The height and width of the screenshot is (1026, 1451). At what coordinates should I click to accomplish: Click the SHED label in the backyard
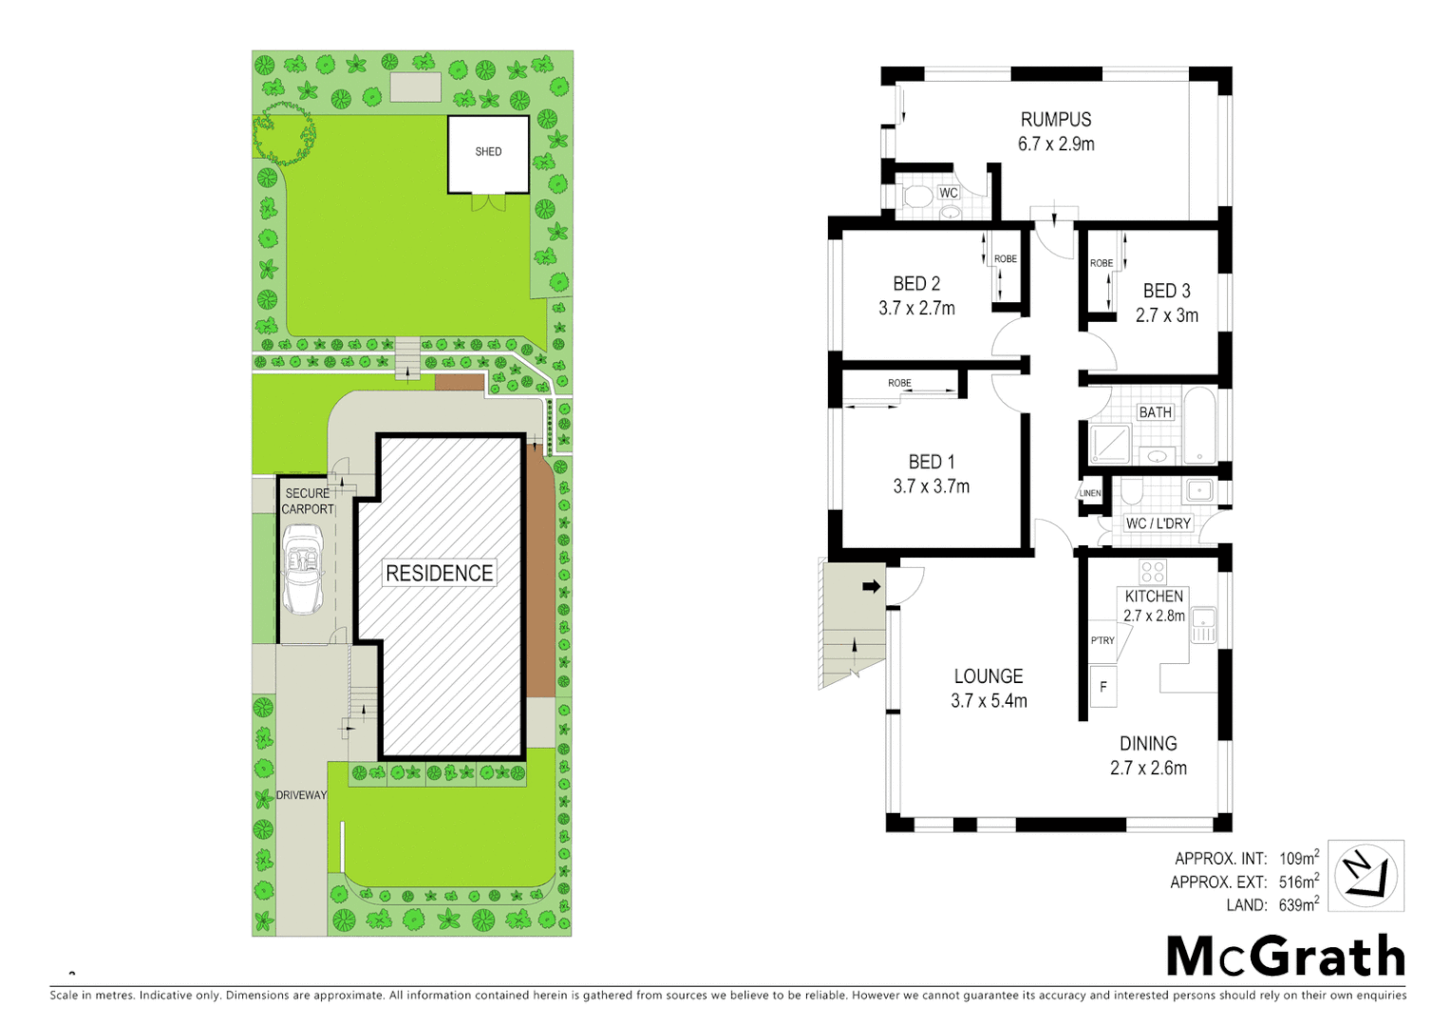coord(488,152)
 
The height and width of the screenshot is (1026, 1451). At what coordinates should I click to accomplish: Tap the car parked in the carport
coord(303,569)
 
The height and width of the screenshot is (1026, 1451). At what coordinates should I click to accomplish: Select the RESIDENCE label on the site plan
coord(439,573)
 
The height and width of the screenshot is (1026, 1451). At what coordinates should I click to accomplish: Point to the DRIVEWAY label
coord(301,795)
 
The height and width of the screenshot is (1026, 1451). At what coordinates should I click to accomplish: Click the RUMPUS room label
coord(1056,120)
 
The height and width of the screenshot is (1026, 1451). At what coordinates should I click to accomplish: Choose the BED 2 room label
coord(916,284)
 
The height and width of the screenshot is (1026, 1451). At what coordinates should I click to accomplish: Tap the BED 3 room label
coord(1166,291)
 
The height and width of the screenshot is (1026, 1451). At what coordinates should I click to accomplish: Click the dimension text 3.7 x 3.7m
coord(931,486)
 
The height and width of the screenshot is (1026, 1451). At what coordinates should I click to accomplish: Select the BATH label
coord(1155,412)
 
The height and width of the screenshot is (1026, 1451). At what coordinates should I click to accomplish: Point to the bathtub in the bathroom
coord(1199,425)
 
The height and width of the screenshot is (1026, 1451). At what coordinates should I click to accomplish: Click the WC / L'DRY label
coord(1158,523)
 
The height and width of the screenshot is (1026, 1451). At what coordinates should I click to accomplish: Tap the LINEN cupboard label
coord(1090,493)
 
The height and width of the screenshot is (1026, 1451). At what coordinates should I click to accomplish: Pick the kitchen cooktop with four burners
coord(1153,571)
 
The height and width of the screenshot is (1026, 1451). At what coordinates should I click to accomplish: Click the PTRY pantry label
coord(1102,640)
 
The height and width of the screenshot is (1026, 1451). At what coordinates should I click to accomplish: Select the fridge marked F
coord(1102,687)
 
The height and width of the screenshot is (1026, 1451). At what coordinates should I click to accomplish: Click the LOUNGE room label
coord(989,676)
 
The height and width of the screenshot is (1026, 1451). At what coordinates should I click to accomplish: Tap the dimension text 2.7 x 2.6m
coord(1148,768)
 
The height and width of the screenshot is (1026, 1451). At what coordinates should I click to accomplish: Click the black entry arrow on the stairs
coord(871,586)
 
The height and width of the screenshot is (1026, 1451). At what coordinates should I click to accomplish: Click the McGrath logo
coord(1285,956)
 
